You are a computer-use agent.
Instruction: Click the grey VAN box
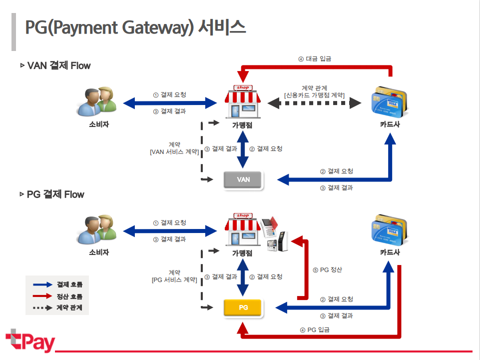click(x=243, y=180)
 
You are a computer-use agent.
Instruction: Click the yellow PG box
click(x=243, y=307)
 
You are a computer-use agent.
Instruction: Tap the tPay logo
click(x=30, y=341)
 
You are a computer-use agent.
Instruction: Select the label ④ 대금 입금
click(x=315, y=58)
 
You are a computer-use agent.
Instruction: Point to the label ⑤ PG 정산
click(x=327, y=270)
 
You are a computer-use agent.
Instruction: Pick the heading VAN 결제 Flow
click(x=58, y=65)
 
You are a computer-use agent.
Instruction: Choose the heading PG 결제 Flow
click(x=55, y=194)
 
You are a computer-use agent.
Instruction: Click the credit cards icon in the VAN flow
click(x=391, y=100)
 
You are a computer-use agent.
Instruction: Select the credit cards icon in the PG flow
click(x=391, y=228)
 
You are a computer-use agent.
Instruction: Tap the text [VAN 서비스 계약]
click(x=174, y=152)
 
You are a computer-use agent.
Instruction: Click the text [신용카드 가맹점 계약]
click(x=314, y=95)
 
